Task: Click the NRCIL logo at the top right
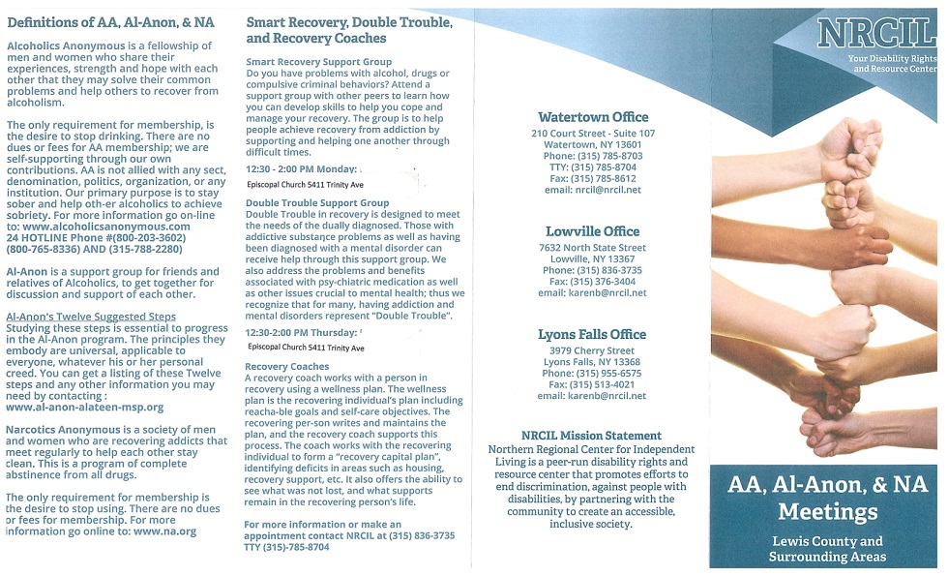click(874, 33)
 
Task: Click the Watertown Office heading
click(593, 117)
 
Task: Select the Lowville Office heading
click(592, 231)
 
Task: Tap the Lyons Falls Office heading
click(592, 334)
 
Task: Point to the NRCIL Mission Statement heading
click(591, 436)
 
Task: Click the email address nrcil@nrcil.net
click(592, 190)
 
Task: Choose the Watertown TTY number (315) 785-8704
click(593, 167)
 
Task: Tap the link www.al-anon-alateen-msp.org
click(85, 408)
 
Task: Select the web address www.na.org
click(164, 531)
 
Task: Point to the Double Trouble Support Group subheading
click(317, 203)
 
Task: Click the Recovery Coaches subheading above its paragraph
click(286, 367)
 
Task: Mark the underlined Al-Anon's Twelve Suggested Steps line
click(91, 317)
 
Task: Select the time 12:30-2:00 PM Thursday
click(302, 332)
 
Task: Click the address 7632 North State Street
click(592, 248)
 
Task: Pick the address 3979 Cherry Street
click(591, 350)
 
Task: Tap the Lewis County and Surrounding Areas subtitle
click(826, 549)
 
